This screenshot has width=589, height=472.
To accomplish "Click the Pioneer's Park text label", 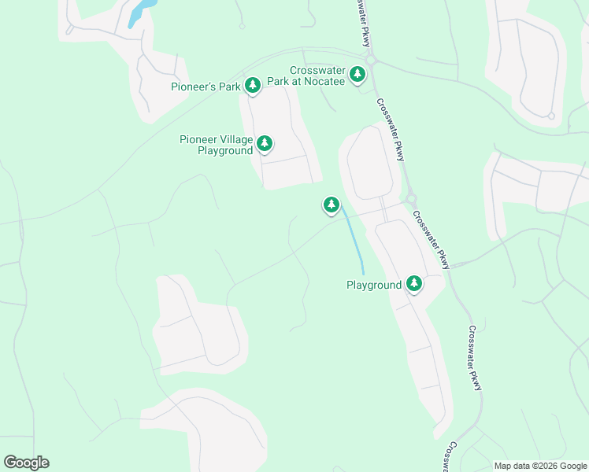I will (x=206, y=87).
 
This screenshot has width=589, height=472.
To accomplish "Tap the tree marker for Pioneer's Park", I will (x=253, y=85).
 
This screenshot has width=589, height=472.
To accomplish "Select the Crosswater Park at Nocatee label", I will (x=317, y=76).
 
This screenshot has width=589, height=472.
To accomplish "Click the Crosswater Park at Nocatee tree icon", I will (x=358, y=75).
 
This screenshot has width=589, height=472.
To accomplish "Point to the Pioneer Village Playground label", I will (x=217, y=145).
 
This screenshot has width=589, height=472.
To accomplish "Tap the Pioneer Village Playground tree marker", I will (x=265, y=143).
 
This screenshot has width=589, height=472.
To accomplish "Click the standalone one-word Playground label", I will (x=374, y=285).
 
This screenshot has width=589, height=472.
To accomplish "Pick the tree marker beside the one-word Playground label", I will (x=414, y=284).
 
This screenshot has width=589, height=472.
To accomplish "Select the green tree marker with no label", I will (x=332, y=205).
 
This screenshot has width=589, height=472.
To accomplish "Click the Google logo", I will (x=27, y=463).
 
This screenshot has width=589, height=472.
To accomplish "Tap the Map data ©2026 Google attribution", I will (x=540, y=466).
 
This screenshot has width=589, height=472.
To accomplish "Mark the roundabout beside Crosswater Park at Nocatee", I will (x=372, y=59).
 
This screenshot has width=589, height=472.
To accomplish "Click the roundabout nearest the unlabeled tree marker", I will (x=410, y=199).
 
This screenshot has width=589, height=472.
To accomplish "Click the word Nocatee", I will (x=326, y=82).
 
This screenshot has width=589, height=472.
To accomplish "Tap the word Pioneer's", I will (x=194, y=87).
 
